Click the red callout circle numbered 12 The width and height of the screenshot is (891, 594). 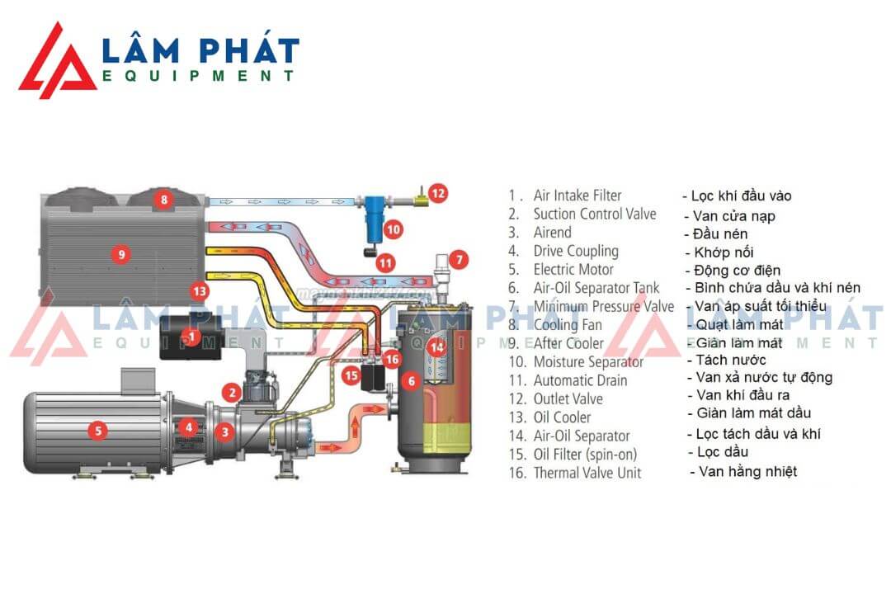[x=439, y=194]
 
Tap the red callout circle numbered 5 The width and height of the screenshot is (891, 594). [x=98, y=429]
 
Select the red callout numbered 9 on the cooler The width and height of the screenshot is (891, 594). [x=121, y=254]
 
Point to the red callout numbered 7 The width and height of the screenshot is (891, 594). [x=460, y=259]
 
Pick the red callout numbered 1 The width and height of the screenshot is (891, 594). [x=191, y=337]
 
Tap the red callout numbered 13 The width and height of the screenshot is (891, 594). [x=198, y=290]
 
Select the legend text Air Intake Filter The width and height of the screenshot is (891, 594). [x=577, y=196]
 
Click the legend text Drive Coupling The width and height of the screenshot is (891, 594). [x=576, y=251]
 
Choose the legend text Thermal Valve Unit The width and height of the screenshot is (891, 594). [x=587, y=473]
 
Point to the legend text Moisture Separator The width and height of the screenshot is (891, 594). [x=588, y=361]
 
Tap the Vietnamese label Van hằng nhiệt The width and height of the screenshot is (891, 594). [x=747, y=472]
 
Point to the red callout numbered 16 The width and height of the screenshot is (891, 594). [x=393, y=359]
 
